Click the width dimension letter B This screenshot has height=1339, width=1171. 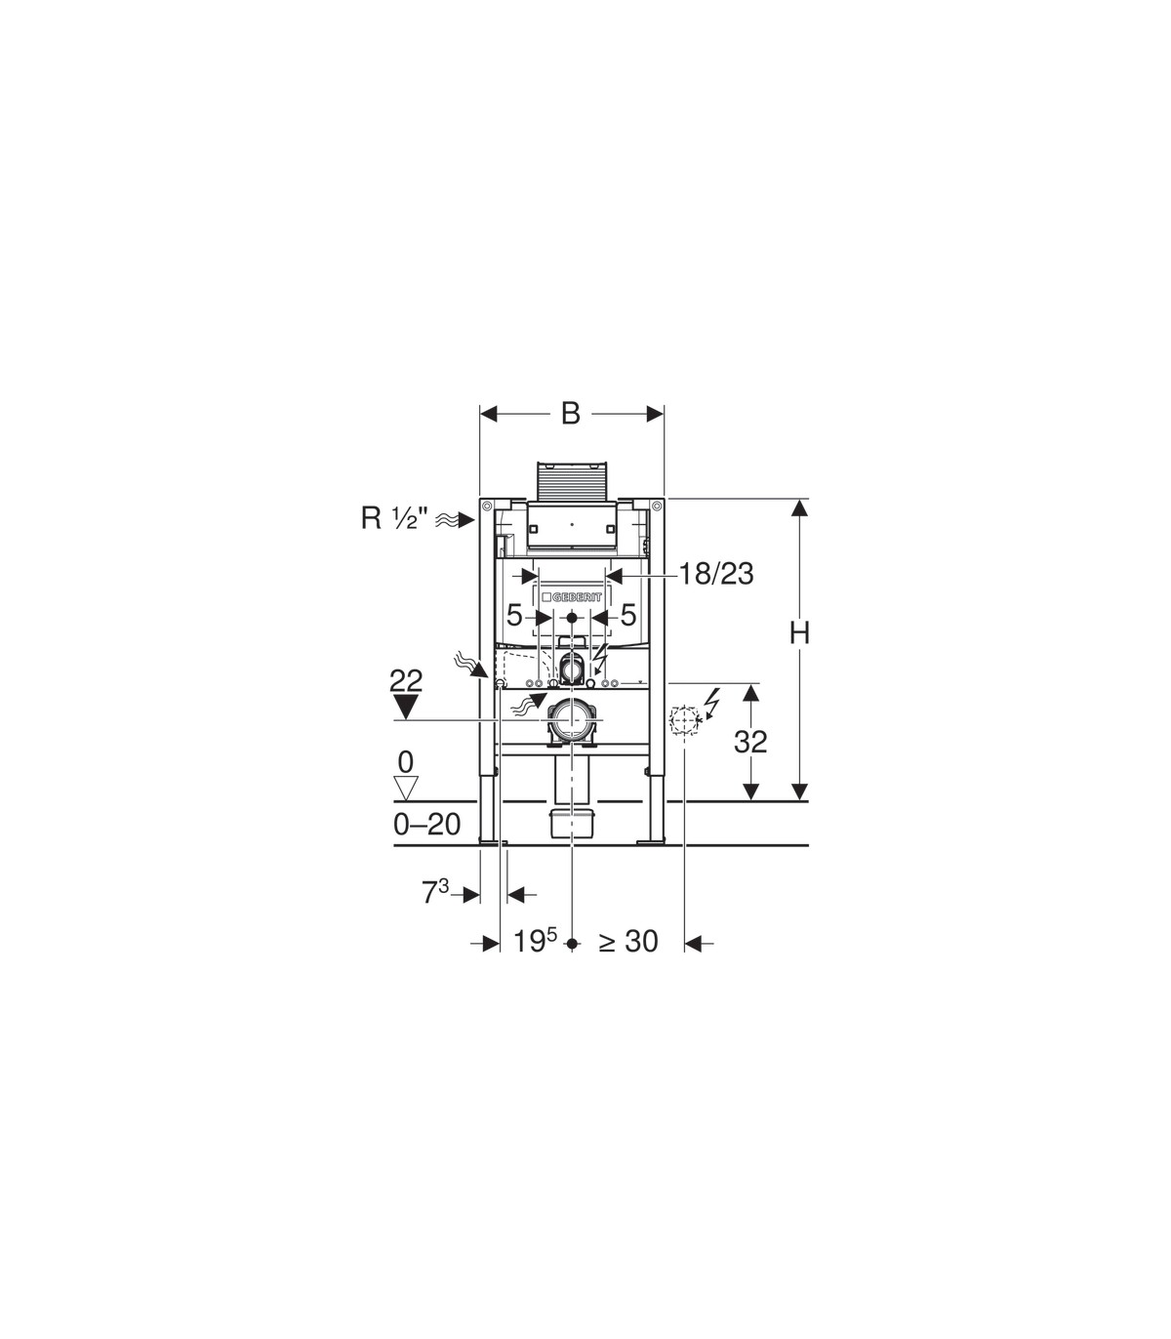(x=571, y=414)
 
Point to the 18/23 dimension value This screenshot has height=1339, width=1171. (x=716, y=575)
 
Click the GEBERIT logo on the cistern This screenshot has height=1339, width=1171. (x=571, y=597)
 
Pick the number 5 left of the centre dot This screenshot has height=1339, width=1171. (x=515, y=615)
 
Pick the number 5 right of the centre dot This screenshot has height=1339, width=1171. (x=628, y=615)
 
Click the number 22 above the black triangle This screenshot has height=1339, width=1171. (x=406, y=681)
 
